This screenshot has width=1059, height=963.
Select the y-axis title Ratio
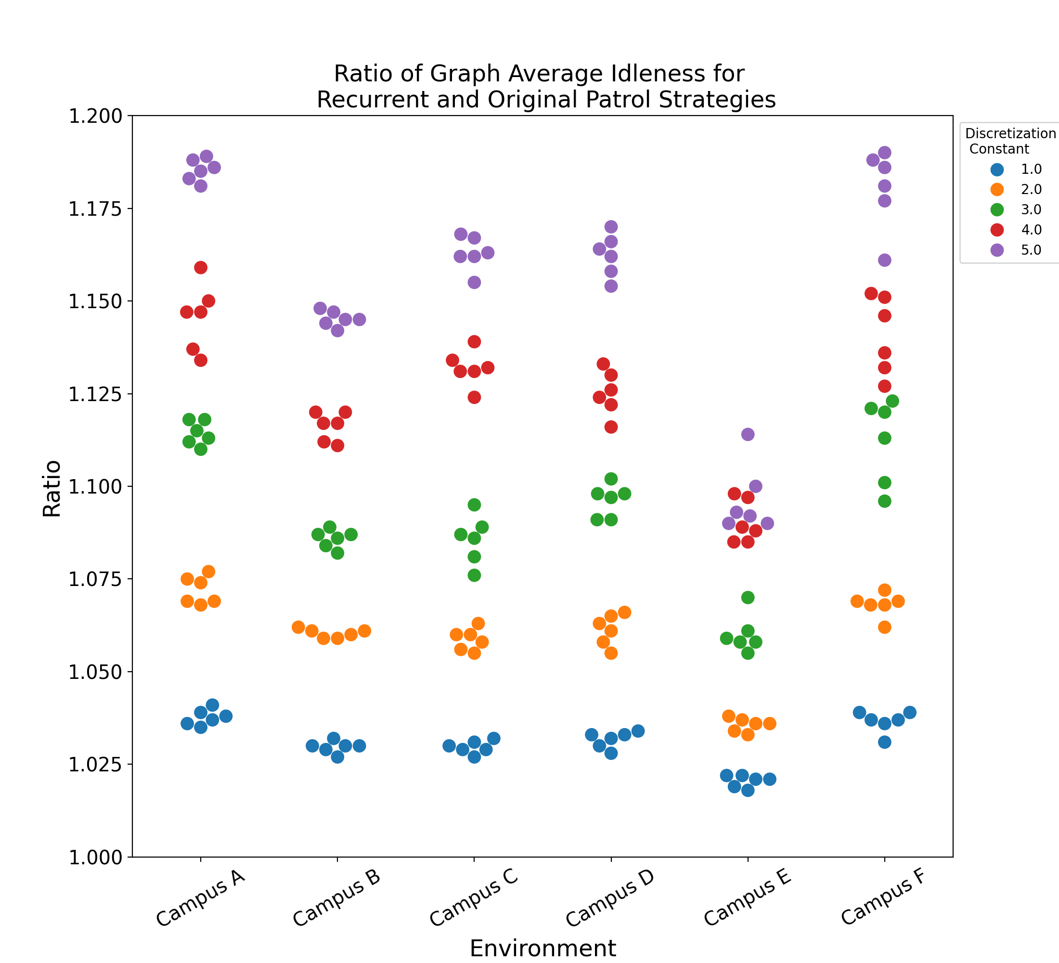pos(52,489)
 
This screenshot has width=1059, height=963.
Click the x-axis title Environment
pos(542,948)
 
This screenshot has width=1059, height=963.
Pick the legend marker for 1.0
pos(996,169)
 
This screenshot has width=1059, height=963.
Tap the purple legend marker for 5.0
pos(996,250)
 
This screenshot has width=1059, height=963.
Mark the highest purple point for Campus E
pos(748,434)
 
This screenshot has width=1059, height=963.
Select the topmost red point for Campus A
pos(201,267)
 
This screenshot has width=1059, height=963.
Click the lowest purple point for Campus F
pos(885,260)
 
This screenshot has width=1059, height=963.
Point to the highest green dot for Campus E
pos(748,598)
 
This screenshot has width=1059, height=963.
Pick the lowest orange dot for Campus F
pos(885,627)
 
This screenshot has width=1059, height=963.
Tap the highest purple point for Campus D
pos(611,227)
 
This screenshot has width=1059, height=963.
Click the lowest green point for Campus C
pos(474,575)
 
